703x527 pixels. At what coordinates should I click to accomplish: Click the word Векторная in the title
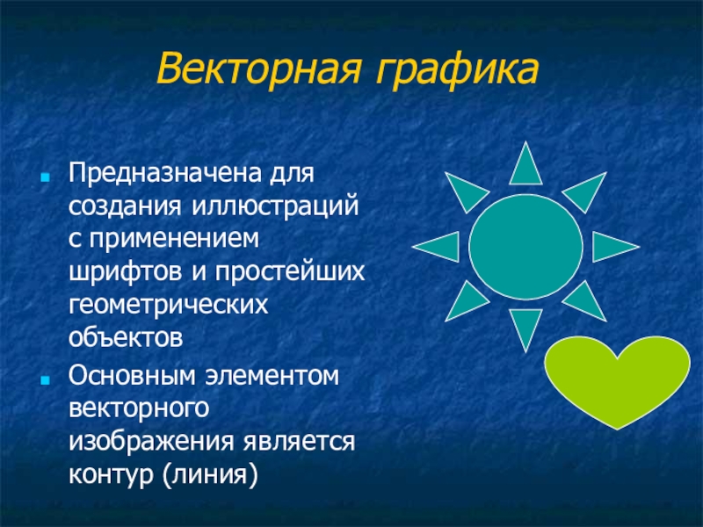[x=258, y=69]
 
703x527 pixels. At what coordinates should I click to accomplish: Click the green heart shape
[x=618, y=379]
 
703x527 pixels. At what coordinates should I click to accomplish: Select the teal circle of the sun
[x=525, y=247]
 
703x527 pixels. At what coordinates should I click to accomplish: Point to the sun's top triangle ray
[x=525, y=168]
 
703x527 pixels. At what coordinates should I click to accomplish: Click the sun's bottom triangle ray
[x=525, y=326]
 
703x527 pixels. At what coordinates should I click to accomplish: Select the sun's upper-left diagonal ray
[x=464, y=191]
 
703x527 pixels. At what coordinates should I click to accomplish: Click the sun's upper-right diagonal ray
[x=587, y=191]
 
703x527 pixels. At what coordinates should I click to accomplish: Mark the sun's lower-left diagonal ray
[x=464, y=303]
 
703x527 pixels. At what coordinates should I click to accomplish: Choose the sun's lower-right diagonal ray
[x=587, y=303]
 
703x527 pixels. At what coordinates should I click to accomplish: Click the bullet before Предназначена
[x=45, y=177]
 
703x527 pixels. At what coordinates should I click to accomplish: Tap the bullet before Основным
[x=45, y=380]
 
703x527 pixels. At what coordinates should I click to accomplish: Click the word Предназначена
[x=164, y=172]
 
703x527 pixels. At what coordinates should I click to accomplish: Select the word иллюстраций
[x=276, y=206]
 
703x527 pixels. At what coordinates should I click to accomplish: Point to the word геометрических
[x=168, y=306]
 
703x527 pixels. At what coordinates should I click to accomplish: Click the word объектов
[x=126, y=337]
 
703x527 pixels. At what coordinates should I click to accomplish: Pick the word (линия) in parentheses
[x=211, y=474]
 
